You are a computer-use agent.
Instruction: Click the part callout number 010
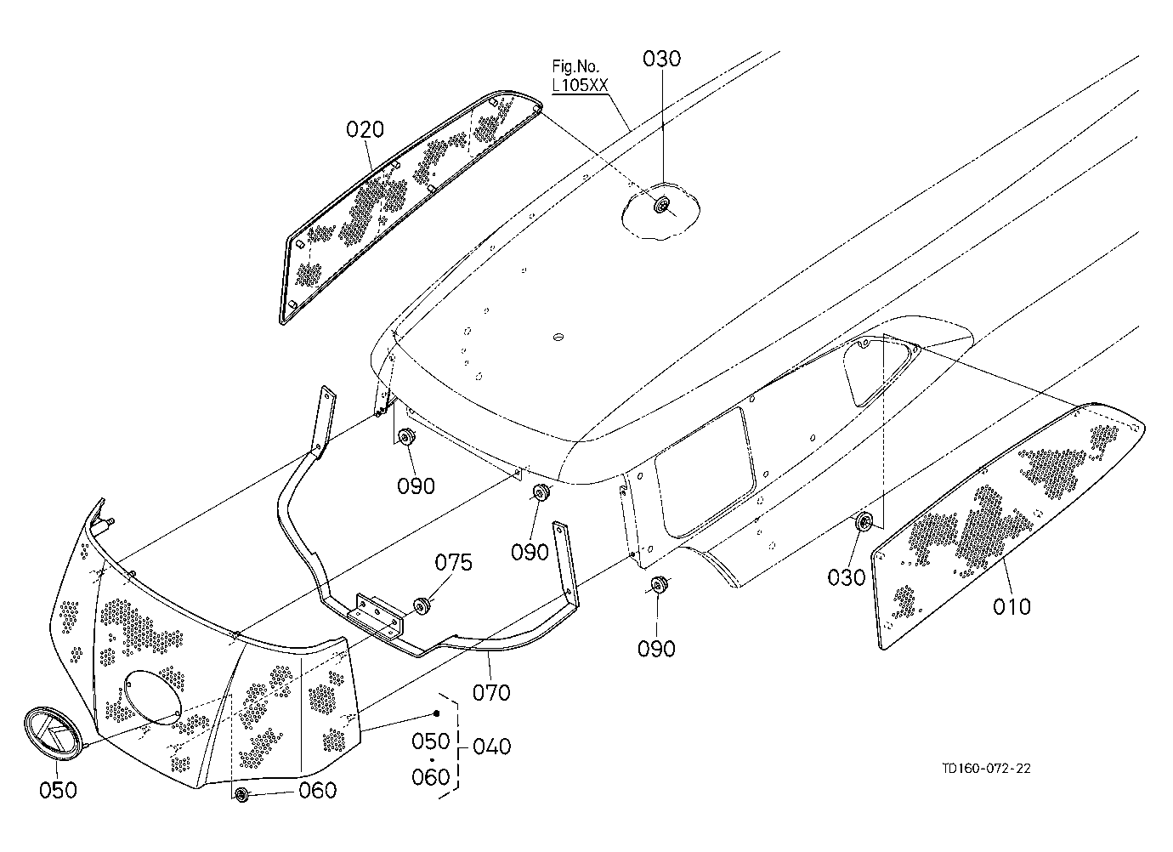[1011, 607]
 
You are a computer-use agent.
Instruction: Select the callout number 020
[365, 129]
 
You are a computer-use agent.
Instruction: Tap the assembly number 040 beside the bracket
[491, 747]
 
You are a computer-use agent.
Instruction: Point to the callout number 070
[491, 693]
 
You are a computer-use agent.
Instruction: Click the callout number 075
[454, 563]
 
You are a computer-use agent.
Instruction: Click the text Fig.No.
[575, 66]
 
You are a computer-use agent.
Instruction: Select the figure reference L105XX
[581, 85]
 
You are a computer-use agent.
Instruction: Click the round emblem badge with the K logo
[54, 732]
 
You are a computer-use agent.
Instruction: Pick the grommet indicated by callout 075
[422, 605]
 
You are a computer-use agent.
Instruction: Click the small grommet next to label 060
[242, 794]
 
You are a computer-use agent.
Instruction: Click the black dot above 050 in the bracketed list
[436, 713]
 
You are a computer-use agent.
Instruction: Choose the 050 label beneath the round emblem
[58, 790]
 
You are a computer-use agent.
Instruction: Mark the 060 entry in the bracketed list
[430, 777]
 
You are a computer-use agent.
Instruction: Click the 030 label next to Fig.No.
[662, 59]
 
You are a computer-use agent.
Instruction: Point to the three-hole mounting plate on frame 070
[377, 617]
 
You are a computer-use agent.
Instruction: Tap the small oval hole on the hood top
[558, 337]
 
